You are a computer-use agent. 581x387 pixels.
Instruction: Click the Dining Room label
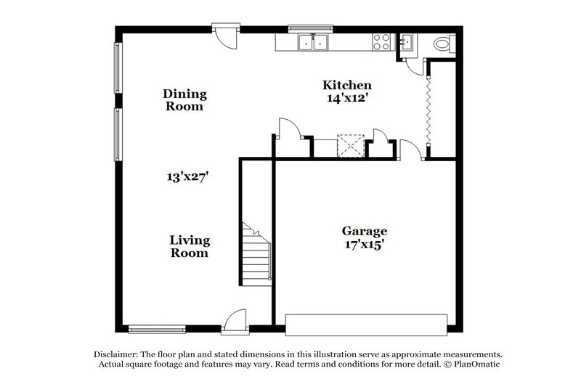point(184,100)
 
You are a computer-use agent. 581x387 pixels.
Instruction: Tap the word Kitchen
point(347,86)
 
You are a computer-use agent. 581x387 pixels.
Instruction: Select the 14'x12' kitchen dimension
point(347,99)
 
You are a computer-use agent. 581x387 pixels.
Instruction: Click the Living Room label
point(190,247)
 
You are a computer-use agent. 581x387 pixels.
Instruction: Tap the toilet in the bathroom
point(442,44)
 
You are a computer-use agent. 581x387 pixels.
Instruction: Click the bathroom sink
point(406,41)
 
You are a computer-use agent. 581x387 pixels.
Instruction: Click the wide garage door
point(366,324)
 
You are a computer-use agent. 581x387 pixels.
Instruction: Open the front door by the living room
point(235,322)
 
